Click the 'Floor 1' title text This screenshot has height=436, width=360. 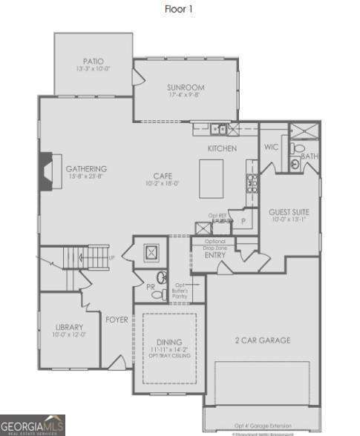[x=180, y=10]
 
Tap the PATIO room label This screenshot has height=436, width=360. [x=93, y=62]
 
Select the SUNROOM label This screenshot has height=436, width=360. [x=186, y=88]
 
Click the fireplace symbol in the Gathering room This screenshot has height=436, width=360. [x=48, y=172]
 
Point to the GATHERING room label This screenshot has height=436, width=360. [x=87, y=168]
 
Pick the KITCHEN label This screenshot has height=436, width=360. [x=222, y=149]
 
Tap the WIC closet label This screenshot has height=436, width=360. [x=271, y=148]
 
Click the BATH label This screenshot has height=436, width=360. [x=310, y=156]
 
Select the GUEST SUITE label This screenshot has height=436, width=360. [x=289, y=212]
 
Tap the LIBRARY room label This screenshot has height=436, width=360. [x=70, y=327]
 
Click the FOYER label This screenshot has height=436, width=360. [x=117, y=320]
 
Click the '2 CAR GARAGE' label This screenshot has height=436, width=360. [x=264, y=340]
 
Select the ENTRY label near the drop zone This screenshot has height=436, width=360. [x=215, y=255]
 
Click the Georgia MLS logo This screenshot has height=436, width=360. [x=32, y=425]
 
